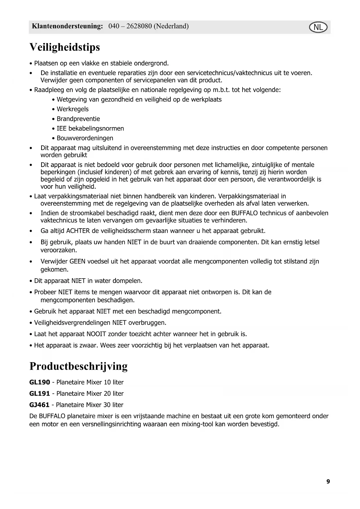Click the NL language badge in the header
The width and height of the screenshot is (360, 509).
[x=318, y=28]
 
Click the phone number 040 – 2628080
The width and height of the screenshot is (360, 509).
[x=130, y=26]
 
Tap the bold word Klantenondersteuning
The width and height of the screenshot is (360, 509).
[x=67, y=26]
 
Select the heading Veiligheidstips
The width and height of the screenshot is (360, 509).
[x=65, y=47]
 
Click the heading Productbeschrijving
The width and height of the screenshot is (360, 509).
[x=78, y=366]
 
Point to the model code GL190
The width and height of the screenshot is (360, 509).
[x=40, y=382]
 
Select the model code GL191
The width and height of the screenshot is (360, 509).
[x=40, y=394]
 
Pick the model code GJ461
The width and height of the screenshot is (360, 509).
[x=39, y=405]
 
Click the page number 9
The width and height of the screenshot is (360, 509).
[x=328, y=481]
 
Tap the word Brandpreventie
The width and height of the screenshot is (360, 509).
[x=78, y=119]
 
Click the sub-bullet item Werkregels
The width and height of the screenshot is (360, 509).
[x=73, y=109]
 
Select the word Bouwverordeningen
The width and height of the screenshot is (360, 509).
[x=85, y=138]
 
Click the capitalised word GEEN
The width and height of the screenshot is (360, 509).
[x=77, y=261]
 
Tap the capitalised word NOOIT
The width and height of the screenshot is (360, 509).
[x=96, y=334]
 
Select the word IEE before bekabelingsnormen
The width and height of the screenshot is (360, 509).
[x=61, y=129]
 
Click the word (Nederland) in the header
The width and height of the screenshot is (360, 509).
[x=171, y=26]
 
